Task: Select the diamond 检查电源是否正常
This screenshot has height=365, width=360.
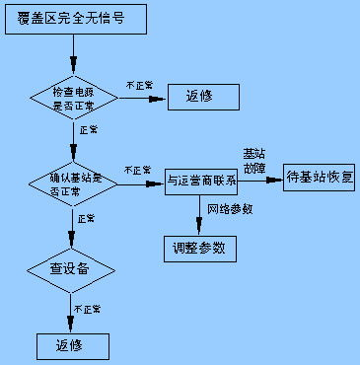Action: [x=76, y=98]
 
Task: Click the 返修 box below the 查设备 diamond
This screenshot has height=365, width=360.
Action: [x=72, y=346]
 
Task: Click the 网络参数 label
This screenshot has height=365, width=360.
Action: [x=231, y=210]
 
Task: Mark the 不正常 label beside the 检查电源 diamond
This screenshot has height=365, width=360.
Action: [x=140, y=87]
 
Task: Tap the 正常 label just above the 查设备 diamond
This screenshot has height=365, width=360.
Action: [x=86, y=218]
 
